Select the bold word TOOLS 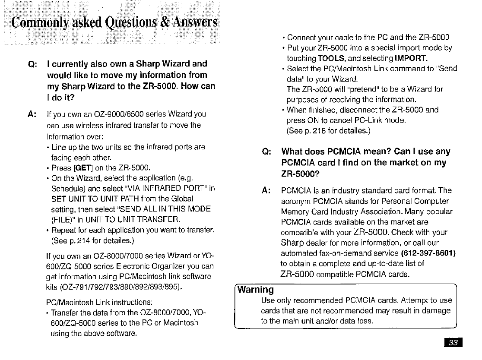330,58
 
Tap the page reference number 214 81,240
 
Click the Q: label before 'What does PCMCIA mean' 267,152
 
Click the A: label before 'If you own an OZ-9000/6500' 32,114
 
